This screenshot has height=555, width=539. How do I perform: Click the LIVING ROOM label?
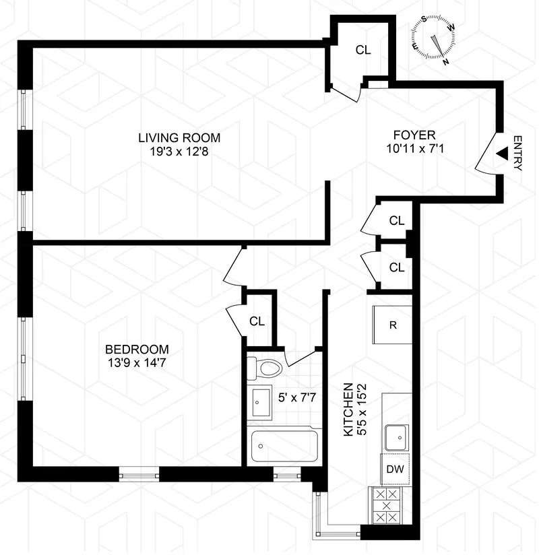(x=179, y=138)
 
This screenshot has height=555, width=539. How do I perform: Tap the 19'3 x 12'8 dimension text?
(x=179, y=152)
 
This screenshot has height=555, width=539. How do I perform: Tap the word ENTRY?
(x=517, y=154)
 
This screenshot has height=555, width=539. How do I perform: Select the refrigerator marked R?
(x=392, y=325)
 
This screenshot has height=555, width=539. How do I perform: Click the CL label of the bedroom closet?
(x=257, y=321)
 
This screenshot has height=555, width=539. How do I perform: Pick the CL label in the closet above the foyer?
(x=363, y=50)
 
